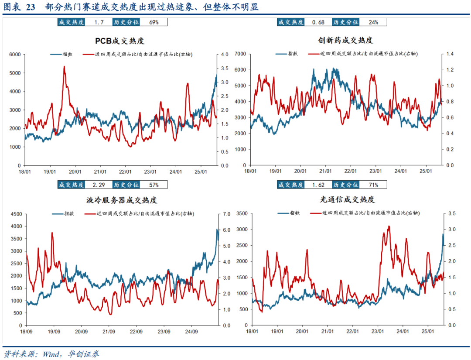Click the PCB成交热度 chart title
click(119, 41)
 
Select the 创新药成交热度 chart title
click(345, 40)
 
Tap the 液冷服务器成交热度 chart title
click(122, 200)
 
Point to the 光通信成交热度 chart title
click(347, 199)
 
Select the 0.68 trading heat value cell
click(318, 22)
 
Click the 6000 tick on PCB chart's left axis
click(15, 55)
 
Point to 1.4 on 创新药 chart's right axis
click(449, 54)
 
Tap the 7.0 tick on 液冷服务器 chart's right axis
click(226, 214)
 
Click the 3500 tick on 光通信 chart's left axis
click(241, 213)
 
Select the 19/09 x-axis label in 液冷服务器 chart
click(54, 331)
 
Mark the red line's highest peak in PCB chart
click(64, 67)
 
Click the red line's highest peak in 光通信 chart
click(389, 226)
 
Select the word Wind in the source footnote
click(51, 353)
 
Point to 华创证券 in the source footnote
click(84, 353)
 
